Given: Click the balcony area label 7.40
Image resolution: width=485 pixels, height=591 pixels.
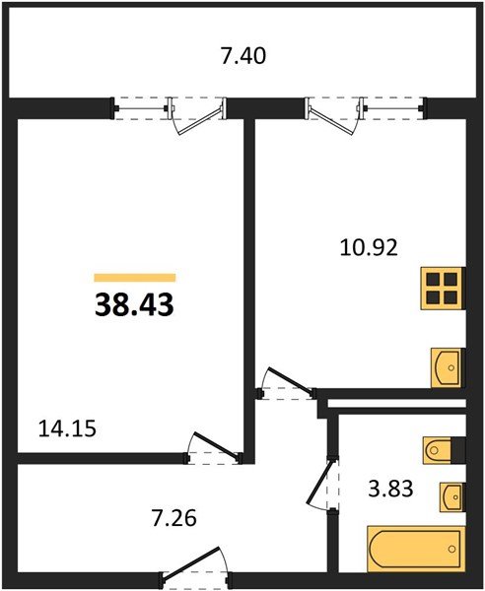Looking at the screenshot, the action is click(243, 56).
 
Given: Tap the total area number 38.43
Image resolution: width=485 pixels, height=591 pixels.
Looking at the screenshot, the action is click(134, 304).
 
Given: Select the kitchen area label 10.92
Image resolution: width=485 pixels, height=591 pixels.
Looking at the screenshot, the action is click(369, 248).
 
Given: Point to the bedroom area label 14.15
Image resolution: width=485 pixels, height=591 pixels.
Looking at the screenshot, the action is click(67, 428).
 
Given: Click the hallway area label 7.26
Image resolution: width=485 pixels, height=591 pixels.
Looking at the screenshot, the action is click(173, 518).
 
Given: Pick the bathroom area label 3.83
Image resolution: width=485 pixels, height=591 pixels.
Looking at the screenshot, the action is click(390, 489).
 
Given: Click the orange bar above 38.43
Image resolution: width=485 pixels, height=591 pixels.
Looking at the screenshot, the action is click(135, 278).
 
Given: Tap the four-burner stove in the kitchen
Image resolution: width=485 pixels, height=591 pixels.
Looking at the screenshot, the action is click(442, 289).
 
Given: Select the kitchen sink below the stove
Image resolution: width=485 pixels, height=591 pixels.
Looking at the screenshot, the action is click(447, 367).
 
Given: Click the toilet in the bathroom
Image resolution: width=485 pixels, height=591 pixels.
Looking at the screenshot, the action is click(437, 450).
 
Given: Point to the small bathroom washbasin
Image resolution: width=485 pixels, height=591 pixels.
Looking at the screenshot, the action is click(451, 497).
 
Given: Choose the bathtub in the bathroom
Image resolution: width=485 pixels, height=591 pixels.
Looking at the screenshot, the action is click(416, 549).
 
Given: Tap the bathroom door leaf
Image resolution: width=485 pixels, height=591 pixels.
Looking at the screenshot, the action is click(320, 481).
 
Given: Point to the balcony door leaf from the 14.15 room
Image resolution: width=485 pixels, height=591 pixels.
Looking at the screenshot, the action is click(201, 121).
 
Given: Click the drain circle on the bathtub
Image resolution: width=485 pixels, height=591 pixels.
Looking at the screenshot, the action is click(451, 549).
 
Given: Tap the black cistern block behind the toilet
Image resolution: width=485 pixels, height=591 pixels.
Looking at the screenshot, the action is click(458, 450).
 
